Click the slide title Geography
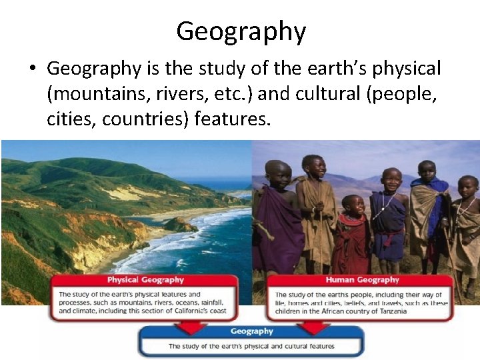point(241,31)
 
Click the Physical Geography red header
point(145,279)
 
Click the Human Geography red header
point(362,279)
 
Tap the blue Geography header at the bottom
point(251,331)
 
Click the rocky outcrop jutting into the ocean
point(181,225)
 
